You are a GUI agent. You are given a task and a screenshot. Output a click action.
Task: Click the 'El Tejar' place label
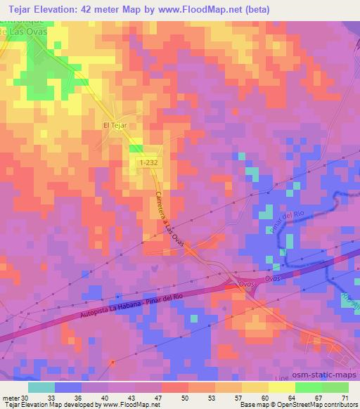[x=113, y=126]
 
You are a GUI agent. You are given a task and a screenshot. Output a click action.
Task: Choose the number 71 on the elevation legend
[x=343, y=397]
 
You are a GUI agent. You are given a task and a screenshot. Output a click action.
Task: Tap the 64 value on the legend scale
[x=290, y=397]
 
